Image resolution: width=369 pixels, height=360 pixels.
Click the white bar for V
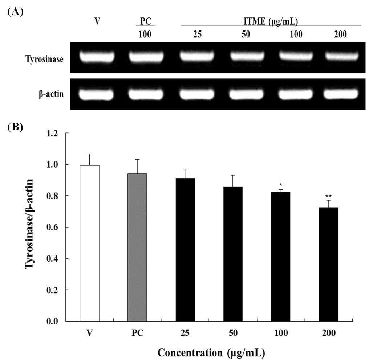pyautogui.click(x=89, y=243)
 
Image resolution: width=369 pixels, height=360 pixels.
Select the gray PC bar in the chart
pyautogui.click(x=137, y=247)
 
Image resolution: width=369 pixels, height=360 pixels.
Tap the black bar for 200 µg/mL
pyautogui.click(x=329, y=264)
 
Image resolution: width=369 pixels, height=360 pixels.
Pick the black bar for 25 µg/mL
pyautogui.click(x=185, y=250)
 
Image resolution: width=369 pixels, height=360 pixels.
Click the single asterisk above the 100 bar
pyautogui.click(x=281, y=185)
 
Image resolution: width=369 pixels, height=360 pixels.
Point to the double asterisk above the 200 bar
pyautogui.click(x=329, y=196)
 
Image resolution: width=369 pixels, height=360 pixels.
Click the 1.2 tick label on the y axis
pyautogui.click(x=52, y=133)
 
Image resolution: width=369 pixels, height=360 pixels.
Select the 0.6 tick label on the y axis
pyautogui.click(x=52, y=227)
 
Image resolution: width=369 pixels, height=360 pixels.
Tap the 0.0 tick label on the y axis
pyautogui.click(x=52, y=321)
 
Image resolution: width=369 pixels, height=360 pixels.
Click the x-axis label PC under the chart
pyautogui.click(x=137, y=333)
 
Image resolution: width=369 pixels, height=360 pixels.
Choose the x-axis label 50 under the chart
pyautogui.click(x=233, y=333)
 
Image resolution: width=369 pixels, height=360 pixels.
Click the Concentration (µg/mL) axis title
pyautogui.click(x=211, y=353)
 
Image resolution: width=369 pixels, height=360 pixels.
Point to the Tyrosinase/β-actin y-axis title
pyautogui.click(x=29, y=224)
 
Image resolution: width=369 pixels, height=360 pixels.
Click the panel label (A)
pyautogui.click(x=16, y=12)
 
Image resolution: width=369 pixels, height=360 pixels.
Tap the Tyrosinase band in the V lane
pyautogui.click(x=97, y=57)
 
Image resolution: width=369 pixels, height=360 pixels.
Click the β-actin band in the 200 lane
pyautogui.click(x=341, y=94)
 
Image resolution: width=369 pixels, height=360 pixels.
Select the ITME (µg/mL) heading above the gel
pyautogui.click(x=271, y=21)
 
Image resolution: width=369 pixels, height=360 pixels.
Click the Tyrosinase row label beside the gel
pyautogui.click(x=44, y=59)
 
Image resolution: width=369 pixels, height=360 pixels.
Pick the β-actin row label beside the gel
pyautogui.click(x=51, y=94)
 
